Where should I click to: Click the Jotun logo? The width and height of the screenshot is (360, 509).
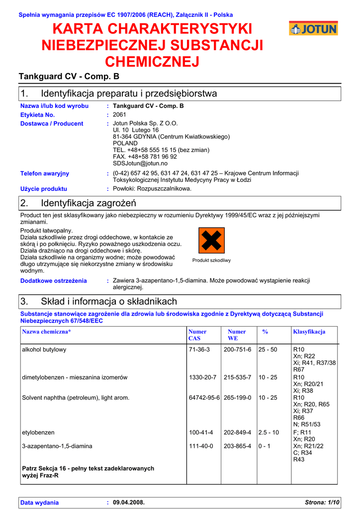click(x=313, y=28)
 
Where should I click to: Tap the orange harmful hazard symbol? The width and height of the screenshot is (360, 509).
click(x=211, y=241)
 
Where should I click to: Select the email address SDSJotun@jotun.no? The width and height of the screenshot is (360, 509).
click(x=140, y=163)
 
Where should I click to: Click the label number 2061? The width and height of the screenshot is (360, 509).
click(x=120, y=115)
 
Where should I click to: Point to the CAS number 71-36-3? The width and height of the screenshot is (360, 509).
click(x=199, y=349)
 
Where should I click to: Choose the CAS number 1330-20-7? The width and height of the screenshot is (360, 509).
click(x=202, y=377)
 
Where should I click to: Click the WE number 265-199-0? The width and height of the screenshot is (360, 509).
click(x=237, y=398)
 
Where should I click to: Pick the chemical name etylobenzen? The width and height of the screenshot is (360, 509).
click(x=38, y=432)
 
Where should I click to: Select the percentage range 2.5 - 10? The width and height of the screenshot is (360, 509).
click(x=269, y=432)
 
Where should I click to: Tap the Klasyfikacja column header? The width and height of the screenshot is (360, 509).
click(x=309, y=332)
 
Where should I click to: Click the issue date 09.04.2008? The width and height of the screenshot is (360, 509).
click(x=129, y=503)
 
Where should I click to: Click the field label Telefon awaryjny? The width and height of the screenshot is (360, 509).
click(x=45, y=173)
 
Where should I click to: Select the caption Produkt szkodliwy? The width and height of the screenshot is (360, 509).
click(x=211, y=260)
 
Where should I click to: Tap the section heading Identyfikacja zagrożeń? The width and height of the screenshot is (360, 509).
click(x=89, y=203)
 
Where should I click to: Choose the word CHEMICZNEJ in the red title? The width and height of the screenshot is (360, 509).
click(x=152, y=62)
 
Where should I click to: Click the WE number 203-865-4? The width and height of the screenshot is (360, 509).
click(x=237, y=446)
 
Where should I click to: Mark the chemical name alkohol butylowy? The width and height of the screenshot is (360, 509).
click(x=44, y=349)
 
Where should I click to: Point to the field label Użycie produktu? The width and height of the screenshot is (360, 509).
click(x=44, y=189)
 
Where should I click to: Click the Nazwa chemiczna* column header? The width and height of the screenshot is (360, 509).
click(x=47, y=332)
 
